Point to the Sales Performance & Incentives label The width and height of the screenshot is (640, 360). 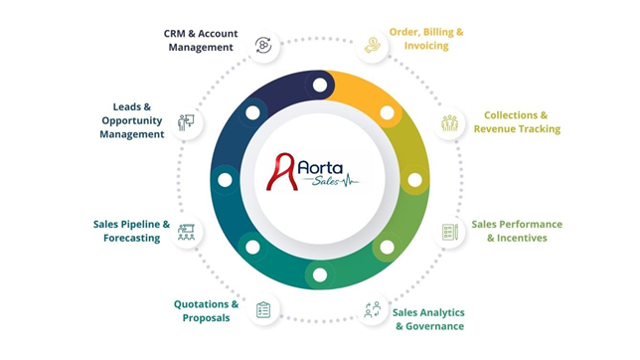click(x=517, y=231)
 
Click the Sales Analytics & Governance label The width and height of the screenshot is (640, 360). click(x=429, y=319)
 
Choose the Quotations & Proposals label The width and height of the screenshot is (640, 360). click(x=206, y=310)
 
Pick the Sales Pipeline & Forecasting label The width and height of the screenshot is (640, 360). click(x=126, y=231)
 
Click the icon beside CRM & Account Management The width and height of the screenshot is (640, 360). click(x=263, y=45)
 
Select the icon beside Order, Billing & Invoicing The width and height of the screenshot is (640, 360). click(x=372, y=45)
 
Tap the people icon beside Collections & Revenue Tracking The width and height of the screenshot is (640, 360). click(x=449, y=123)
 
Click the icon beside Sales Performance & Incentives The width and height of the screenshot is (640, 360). click(x=449, y=232)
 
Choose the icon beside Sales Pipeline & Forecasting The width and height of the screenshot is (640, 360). click(x=186, y=232)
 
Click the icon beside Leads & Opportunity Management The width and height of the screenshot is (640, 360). click(x=186, y=123)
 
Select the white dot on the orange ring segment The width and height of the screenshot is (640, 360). click(x=387, y=113)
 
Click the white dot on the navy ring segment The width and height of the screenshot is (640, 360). click(x=252, y=113)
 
